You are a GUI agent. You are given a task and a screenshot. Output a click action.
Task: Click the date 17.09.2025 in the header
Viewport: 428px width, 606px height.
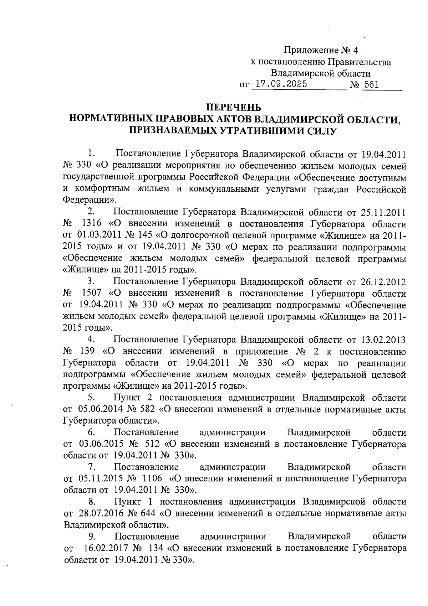point(279,85)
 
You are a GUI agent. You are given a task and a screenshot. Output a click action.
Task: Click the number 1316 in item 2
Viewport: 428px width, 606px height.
point(92,224)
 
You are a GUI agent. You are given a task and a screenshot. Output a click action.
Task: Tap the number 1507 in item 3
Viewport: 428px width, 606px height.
point(92,294)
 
